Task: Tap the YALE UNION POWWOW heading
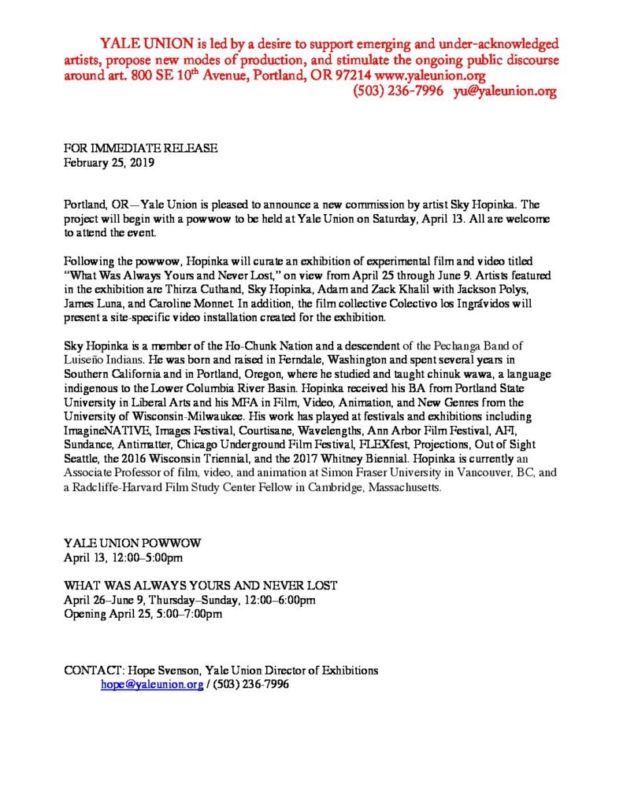(133, 543)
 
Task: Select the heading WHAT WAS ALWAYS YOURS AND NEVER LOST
(201, 585)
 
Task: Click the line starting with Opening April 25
(143, 615)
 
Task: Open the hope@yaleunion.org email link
(151, 685)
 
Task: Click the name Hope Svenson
(163, 671)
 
